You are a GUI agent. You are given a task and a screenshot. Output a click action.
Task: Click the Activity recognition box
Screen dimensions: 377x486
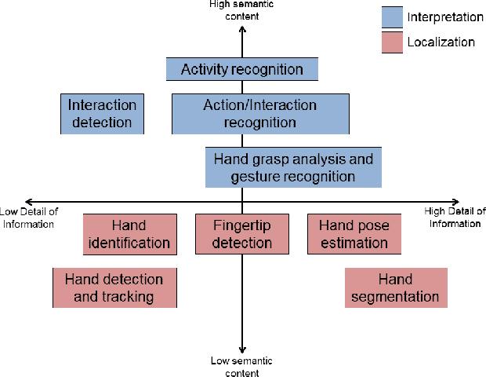pos(241,69)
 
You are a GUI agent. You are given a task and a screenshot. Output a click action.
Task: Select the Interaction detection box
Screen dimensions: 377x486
pos(102,112)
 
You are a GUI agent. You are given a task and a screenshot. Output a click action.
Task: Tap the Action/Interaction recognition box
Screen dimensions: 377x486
pos(260,113)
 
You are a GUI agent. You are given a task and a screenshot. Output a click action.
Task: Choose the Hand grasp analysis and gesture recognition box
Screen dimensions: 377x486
pos(292,167)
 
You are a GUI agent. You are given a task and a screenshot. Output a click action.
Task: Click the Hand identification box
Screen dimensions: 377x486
pos(129,234)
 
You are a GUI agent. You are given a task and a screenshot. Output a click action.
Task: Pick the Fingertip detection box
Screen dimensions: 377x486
pos(242,234)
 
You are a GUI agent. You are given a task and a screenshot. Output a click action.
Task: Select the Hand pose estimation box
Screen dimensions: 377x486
pos(354,234)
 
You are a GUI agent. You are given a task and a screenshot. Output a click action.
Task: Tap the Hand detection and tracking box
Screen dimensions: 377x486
pos(114,287)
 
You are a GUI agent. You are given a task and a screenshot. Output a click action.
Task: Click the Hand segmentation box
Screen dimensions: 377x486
pos(395,287)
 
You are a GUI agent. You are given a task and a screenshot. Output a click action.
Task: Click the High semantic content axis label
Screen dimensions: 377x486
pos(241,9)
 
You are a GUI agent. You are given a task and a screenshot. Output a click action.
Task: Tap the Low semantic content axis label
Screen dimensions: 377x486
pos(241,366)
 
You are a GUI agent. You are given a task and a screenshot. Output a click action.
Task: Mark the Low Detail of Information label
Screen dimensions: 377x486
pos(27,218)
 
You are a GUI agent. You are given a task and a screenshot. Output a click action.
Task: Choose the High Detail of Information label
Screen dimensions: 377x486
pos(455,217)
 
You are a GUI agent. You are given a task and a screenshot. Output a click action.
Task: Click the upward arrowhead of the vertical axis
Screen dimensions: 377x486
pos(242,28)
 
